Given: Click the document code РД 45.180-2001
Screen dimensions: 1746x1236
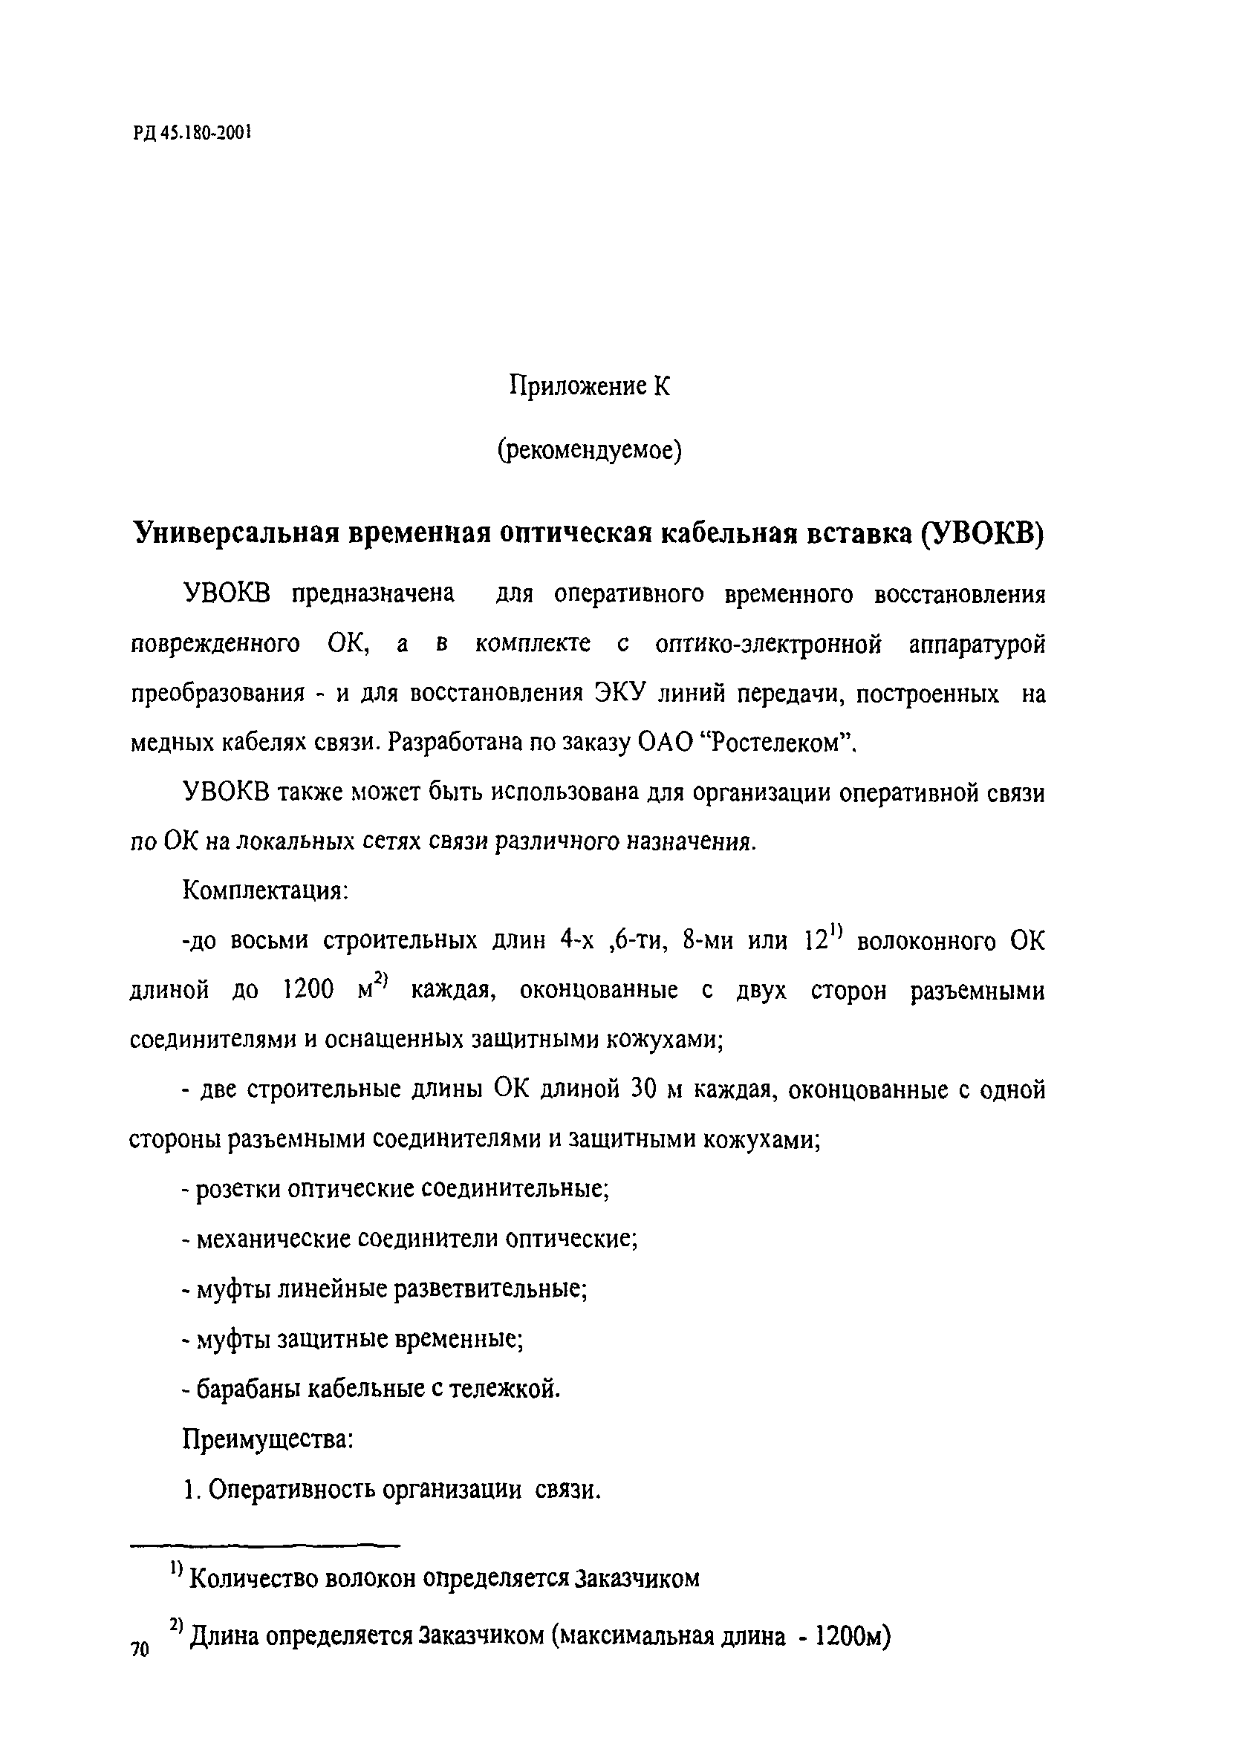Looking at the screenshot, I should point(191,133).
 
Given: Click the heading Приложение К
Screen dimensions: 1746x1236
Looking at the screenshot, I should point(589,386).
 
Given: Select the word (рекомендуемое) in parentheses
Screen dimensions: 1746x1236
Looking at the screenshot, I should point(589,451).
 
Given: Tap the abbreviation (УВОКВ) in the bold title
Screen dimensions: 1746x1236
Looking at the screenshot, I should point(982,533).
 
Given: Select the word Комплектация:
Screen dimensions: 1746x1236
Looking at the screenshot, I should point(265,890).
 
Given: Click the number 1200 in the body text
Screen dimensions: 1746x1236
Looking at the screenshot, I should point(308,991).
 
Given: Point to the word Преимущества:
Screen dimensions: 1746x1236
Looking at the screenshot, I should point(267,1439).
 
